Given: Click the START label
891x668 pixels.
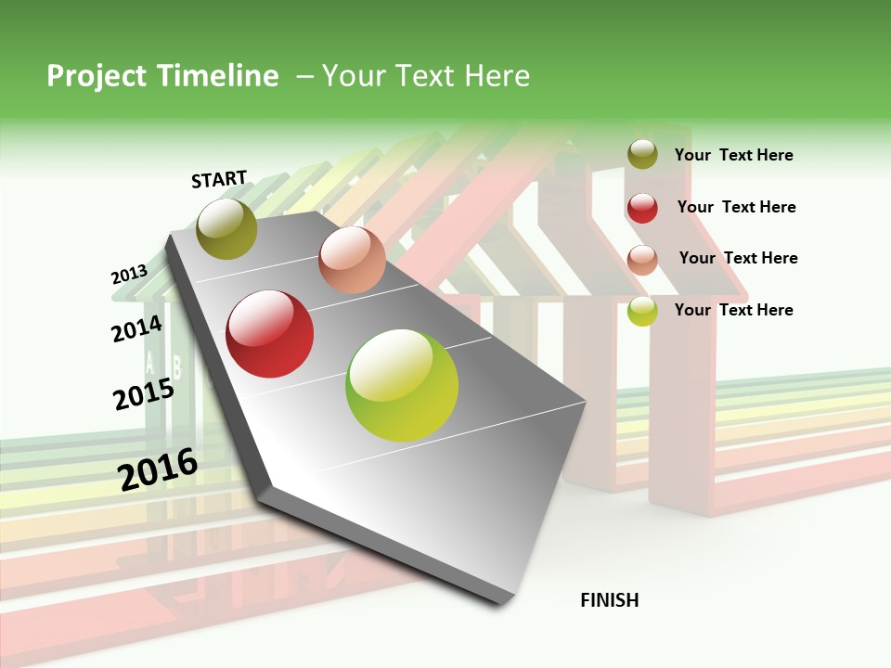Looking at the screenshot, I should pos(219,179).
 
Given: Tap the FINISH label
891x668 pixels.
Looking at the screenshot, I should pos(610,600).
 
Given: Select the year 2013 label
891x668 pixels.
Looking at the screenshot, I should pos(129,275).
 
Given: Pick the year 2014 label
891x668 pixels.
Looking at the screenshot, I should pos(136,329).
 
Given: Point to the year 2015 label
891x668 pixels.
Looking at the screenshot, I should pos(143,394).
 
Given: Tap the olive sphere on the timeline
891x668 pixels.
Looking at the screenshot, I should pos(227,228).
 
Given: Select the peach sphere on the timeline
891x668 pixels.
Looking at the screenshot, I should pos(352,260).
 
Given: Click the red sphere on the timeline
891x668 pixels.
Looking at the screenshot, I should pos(270,334).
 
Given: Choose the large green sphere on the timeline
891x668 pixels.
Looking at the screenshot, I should pos(402,385).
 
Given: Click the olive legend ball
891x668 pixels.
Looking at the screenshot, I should pos(642,155).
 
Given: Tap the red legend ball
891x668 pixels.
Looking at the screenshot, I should pos(642,208).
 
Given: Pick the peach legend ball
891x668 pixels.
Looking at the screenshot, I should pos(642,260).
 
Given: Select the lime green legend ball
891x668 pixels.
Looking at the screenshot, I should pos(642,311).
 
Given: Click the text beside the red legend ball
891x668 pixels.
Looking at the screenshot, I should pos(736,207).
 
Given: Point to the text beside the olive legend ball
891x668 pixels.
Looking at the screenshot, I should pos(733,155).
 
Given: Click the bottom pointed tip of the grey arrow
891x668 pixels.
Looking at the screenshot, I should pos(501,603).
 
